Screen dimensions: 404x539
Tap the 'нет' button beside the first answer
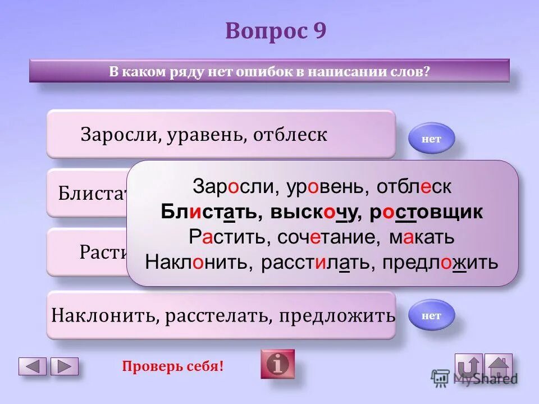click(x=431, y=139)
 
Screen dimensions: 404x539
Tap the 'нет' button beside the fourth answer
click(x=431, y=315)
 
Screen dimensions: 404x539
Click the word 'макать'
click(x=422, y=237)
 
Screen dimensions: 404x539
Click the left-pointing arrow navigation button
click(x=33, y=366)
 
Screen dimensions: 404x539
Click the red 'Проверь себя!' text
click(x=172, y=366)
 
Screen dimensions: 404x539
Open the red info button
click(x=277, y=364)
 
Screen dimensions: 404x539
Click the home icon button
click(x=498, y=366)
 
